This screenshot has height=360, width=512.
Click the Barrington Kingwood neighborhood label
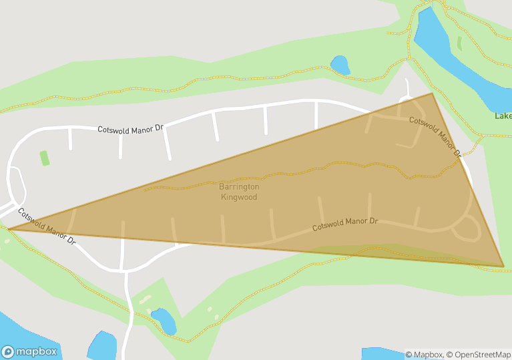(239, 192)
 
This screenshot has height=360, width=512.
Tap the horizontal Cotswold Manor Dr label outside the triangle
(131, 128)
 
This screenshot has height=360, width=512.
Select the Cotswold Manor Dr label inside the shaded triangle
(345, 224)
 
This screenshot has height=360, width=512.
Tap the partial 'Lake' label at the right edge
(503, 116)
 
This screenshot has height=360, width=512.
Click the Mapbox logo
(29, 351)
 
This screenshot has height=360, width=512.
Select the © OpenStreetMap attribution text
(479, 355)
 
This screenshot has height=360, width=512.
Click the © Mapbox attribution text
(424, 355)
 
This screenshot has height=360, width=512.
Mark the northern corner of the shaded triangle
(432, 93)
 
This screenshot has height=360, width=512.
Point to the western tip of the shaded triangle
(9, 228)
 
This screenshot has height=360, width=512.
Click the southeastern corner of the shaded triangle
(503, 266)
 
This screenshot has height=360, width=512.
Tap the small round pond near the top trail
(340, 65)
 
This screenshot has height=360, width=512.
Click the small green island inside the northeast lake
(459, 43)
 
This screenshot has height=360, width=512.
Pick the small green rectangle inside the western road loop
(45, 158)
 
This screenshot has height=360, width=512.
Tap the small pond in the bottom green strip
(163, 320)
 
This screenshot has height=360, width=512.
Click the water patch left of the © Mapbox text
(384, 353)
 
